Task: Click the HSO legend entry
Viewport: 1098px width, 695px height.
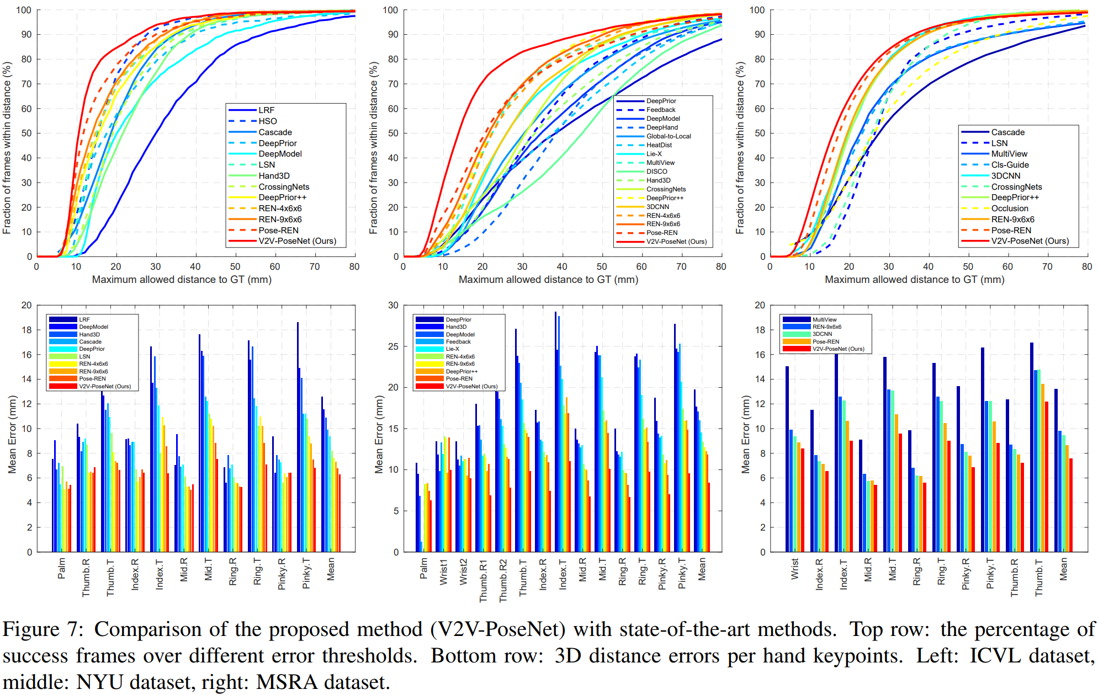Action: point(268,121)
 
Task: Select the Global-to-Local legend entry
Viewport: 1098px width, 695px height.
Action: point(669,136)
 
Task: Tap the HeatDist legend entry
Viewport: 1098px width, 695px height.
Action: point(659,145)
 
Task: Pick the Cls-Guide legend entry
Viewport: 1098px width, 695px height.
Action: point(1010,165)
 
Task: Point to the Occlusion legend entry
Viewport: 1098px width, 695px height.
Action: point(1010,209)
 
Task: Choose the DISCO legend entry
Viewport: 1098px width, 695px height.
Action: point(657,172)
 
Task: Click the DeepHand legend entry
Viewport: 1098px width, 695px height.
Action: point(662,127)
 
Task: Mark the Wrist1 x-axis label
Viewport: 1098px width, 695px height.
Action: point(443,572)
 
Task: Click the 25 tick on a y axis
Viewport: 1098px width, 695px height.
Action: point(393,346)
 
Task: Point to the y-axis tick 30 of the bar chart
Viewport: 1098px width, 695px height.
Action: point(393,305)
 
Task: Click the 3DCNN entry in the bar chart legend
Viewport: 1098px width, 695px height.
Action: point(822,334)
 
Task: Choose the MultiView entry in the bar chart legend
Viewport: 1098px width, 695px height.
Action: point(824,320)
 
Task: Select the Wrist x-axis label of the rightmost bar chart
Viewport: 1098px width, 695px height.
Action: point(795,569)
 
